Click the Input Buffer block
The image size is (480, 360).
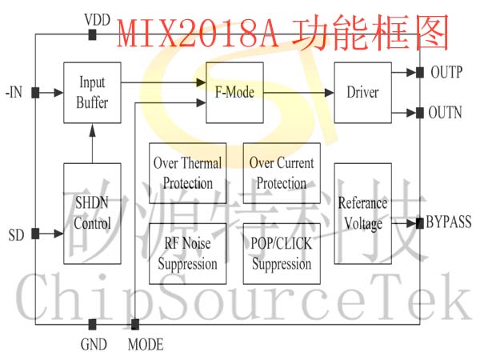coord(93,93)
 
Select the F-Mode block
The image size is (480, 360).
coord(234,93)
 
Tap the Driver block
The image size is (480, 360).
coord(362,93)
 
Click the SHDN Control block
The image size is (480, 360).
coord(93,214)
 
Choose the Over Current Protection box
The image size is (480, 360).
coord(282,173)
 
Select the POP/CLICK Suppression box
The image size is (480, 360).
coord(282,254)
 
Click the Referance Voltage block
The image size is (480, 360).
coord(362,214)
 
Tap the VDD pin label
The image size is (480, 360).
coord(97,18)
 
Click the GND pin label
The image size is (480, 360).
coord(94,346)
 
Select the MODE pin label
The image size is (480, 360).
coord(146,346)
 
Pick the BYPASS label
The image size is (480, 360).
coord(449,222)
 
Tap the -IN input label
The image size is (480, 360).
coord(14,93)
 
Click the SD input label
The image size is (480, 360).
coord(16,235)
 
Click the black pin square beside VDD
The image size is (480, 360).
coord(93,34)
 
